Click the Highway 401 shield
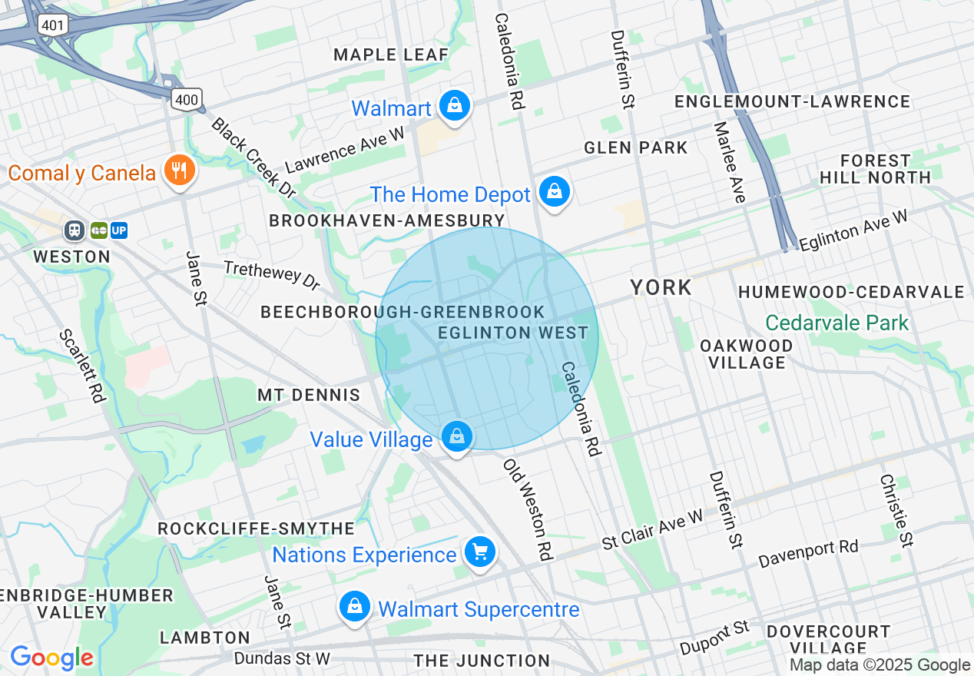click(53, 25)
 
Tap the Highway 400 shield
click(187, 98)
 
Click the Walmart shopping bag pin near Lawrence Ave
click(455, 107)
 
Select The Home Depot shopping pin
click(554, 193)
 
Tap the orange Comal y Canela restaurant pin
click(180, 171)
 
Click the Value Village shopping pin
click(457, 438)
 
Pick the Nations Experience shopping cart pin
click(480, 553)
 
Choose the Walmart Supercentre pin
click(355, 608)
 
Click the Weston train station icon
click(75, 230)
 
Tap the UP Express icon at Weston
click(119, 230)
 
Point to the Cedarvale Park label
click(837, 323)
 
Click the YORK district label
click(661, 288)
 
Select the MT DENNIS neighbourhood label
click(309, 395)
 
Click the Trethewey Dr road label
click(271, 275)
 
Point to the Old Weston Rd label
click(528, 509)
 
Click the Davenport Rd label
click(807, 553)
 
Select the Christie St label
click(896, 509)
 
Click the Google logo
click(51, 658)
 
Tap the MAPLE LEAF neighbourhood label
click(391, 55)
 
